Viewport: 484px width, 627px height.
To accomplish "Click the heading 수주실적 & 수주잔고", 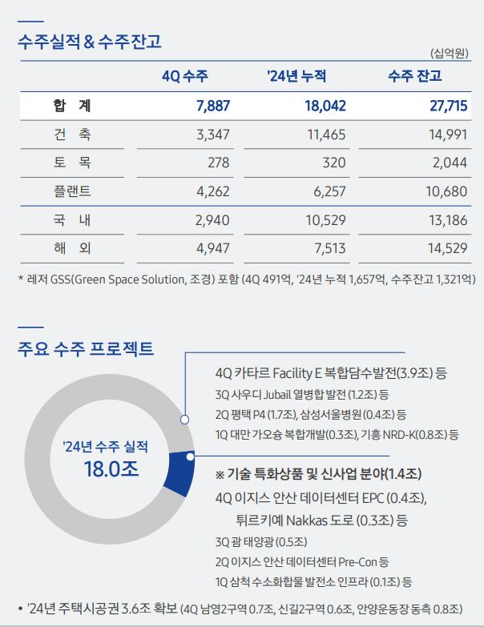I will (89, 42).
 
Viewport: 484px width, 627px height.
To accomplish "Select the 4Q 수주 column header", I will (184, 77).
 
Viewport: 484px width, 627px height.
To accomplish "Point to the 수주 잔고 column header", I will (415, 77).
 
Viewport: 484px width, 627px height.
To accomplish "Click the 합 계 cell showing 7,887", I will (212, 106).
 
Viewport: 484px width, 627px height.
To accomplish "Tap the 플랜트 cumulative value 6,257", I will (329, 191).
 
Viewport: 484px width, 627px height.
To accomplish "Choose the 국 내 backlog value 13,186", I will (447, 220).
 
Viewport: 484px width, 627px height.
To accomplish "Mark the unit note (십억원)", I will (450, 53).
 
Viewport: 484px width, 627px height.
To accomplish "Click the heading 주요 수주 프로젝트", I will (86, 349).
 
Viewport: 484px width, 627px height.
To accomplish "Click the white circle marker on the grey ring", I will (184, 419).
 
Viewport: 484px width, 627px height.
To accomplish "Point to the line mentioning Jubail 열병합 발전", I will (301, 394).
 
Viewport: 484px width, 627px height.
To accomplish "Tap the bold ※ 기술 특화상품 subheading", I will (319, 473).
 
